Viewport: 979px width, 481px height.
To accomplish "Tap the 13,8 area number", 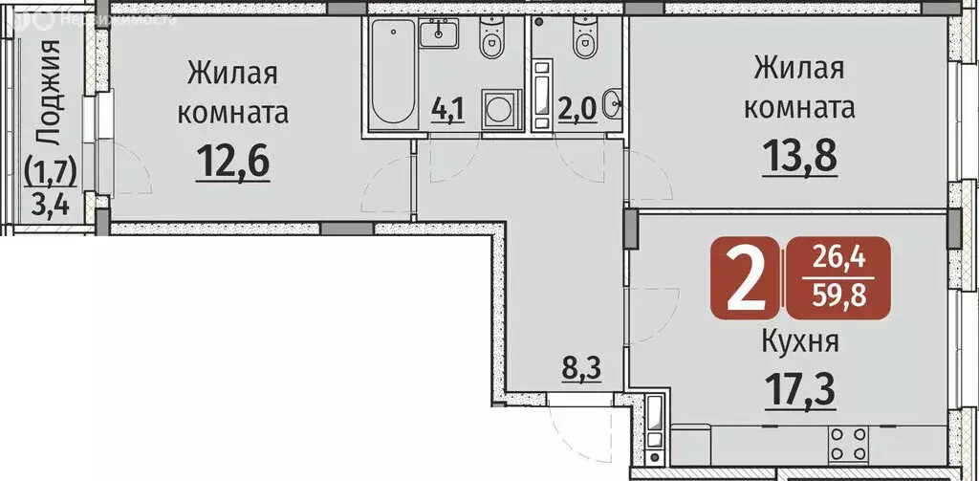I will pos(799,155).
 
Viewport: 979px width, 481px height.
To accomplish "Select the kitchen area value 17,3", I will pos(799,389).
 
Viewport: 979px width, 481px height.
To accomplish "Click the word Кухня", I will pos(799,341).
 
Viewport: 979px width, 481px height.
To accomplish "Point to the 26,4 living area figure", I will pos(837,259).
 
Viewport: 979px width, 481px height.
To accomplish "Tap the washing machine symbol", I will pos(499,107).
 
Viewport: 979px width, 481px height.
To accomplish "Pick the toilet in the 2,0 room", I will pos(581,41).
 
